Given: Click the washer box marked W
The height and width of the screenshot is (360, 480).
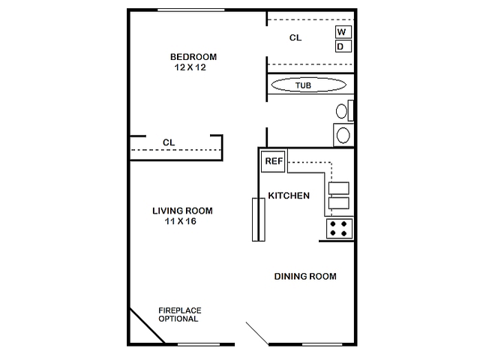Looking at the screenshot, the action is point(343,31).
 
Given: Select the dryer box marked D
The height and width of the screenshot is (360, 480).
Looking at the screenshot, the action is point(343,46).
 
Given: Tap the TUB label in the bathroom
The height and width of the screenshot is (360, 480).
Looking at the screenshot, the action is point(303,85).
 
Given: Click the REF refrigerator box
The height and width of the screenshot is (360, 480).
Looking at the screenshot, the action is point(273,161).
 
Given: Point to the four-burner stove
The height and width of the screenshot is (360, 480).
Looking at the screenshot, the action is point(339,229).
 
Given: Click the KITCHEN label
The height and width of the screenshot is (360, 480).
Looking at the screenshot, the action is point(289,196).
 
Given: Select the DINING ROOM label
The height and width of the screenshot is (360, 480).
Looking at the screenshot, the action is point(305,277).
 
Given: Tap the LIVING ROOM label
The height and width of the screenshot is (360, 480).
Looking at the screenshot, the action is point(182,211).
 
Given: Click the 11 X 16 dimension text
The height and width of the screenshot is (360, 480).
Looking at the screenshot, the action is point(181,221).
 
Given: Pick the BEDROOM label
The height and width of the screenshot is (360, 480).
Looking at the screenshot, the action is point(193,57).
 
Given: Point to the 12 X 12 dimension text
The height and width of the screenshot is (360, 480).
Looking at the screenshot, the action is point(190,67).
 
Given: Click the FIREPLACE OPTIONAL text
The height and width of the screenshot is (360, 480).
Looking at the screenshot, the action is point(180,315).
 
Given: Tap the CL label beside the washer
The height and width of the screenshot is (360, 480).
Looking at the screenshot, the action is point(295,37).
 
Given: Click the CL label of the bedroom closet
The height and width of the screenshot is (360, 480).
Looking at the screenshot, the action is point(169,142).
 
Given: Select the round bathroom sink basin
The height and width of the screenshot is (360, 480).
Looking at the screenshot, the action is point(343,135).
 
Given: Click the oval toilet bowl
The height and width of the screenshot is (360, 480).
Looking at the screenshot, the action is point(341,111).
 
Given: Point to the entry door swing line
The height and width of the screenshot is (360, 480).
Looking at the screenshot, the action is point(257,334).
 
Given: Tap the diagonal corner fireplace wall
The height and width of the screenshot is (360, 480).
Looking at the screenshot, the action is point(147,325).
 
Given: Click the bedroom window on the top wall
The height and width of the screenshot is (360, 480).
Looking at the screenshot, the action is point(191,10).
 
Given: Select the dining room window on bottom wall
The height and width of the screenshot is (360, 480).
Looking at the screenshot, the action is point(322,345).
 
